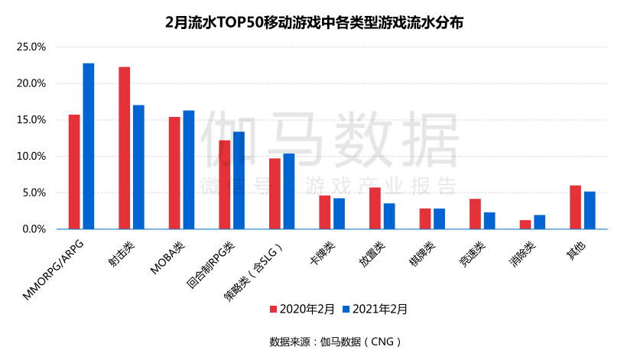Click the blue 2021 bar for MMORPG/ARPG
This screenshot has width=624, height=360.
tap(89, 146)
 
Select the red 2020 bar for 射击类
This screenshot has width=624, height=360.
tap(124, 148)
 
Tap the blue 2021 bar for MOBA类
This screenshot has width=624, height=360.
tap(189, 170)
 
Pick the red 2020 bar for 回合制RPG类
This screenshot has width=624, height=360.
tap(224, 184)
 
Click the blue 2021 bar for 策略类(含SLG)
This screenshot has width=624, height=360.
tap(288, 191)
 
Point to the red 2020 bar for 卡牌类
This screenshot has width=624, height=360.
tap(324, 212)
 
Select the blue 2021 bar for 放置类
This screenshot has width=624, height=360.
tap(389, 216)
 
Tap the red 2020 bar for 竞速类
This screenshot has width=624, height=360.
tap(475, 214)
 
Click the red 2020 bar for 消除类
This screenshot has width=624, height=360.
tap(525, 225)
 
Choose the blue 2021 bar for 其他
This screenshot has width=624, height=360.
tap(590, 210)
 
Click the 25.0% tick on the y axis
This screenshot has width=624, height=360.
tap(32, 47)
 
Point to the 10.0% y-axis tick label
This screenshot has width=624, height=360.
tap(32, 156)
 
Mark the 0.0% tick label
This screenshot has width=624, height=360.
tap(34, 229)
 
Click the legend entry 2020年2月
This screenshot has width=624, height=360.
tap(303, 310)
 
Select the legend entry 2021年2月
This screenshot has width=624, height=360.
tap(375, 310)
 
